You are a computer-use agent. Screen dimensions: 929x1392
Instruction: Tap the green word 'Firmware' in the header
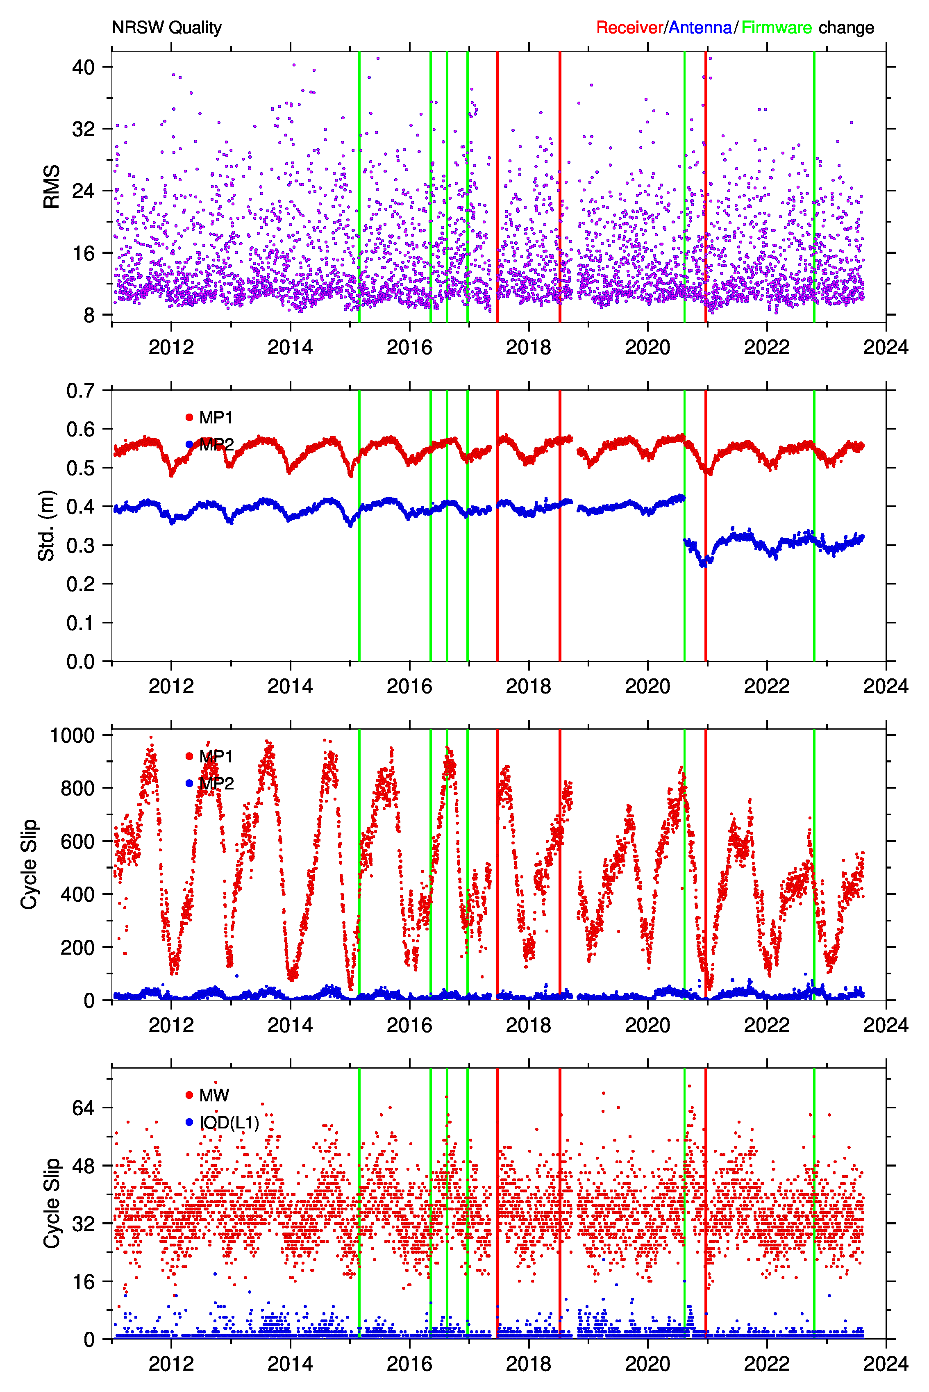(x=776, y=28)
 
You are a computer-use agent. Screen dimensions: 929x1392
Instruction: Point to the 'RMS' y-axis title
(x=52, y=187)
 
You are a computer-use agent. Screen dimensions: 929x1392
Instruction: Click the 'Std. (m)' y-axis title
(x=46, y=525)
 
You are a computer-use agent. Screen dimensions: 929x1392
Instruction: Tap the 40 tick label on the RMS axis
(x=84, y=67)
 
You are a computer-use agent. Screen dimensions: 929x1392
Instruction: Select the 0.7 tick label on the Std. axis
(x=81, y=391)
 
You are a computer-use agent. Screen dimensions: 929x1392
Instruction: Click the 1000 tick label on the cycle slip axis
(x=72, y=735)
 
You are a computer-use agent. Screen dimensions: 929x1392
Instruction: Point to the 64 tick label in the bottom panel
(x=84, y=1108)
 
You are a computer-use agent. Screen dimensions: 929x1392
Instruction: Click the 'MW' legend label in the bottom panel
(x=214, y=1095)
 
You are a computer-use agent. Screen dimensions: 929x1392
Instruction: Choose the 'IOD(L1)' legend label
(x=229, y=1122)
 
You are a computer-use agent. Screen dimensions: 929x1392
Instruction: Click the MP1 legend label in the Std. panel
(x=216, y=418)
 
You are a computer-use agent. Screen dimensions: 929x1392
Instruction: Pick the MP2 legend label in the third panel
(x=216, y=783)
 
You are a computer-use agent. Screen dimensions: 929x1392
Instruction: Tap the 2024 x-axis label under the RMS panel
(x=886, y=347)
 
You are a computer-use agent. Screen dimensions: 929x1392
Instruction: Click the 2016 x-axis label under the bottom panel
(x=409, y=1364)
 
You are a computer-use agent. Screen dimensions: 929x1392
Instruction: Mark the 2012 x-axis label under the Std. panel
(x=171, y=686)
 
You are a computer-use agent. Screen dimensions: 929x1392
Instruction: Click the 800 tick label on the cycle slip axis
(x=77, y=789)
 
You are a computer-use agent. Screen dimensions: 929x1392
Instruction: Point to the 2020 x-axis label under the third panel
(x=647, y=1025)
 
